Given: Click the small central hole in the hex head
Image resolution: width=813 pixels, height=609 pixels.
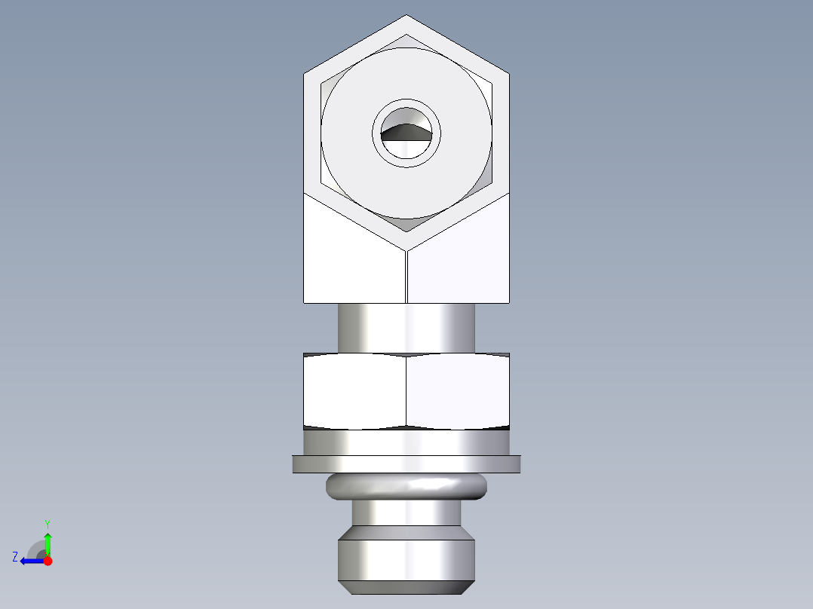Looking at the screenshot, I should tap(406, 133).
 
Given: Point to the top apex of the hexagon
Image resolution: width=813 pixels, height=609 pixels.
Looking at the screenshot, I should tap(406, 16).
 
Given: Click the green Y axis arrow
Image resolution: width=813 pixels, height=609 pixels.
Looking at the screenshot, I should tap(48, 543).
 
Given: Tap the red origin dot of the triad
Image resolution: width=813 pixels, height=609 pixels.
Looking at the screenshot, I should tap(48, 561).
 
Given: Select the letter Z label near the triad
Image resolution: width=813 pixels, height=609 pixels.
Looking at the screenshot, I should tap(15, 557).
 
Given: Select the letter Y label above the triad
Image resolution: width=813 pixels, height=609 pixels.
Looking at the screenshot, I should tap(48, 523).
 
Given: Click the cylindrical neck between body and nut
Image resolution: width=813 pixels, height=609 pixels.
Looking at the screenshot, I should tap(406, 327).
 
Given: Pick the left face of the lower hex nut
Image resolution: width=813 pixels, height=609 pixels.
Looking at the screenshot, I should tap(354, 390).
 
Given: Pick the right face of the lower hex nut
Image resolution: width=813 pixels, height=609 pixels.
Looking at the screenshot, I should tap(458, 390).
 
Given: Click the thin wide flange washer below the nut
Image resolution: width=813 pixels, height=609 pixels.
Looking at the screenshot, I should tap(406, 464).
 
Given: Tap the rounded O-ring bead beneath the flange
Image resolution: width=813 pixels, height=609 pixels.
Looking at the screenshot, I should tap(406, 487).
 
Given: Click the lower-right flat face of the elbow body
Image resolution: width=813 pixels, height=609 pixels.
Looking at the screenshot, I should tap(460, 260).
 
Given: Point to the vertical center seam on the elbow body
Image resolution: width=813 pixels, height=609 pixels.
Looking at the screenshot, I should tap(406, 276).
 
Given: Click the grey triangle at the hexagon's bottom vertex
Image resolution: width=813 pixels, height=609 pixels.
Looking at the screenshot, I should tap(406, 224).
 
